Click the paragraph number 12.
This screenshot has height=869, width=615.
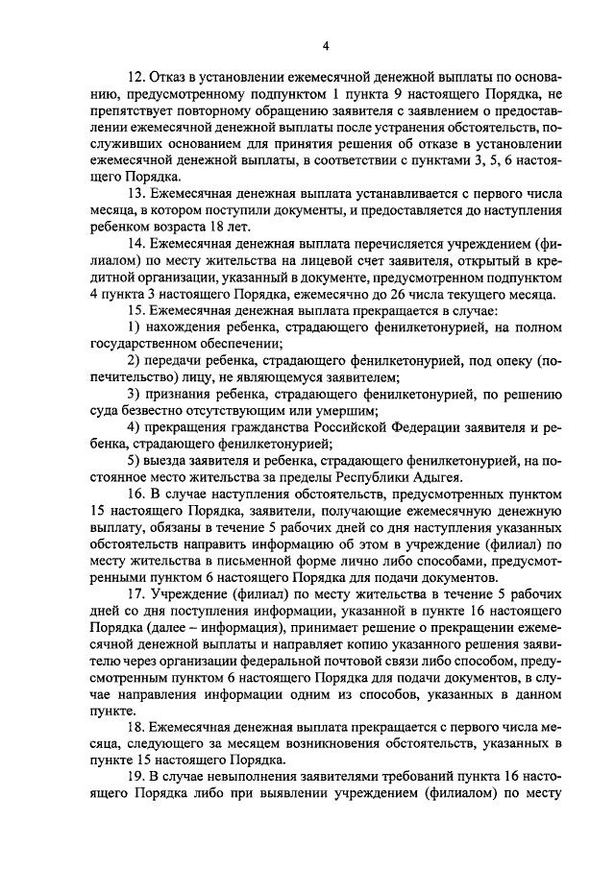[135, 76]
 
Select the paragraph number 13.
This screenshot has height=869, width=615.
[135, 191]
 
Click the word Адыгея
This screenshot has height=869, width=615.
[438, 477]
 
